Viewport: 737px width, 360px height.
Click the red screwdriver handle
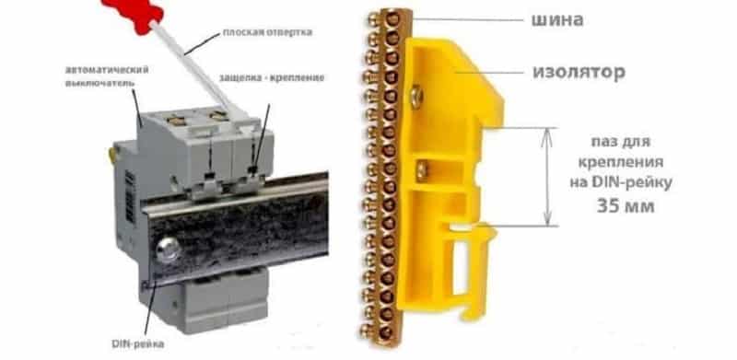click(x=133, y=13)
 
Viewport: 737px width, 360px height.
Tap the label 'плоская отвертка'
click(x=267, y=32)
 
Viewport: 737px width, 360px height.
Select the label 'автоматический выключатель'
click(x=107, y=76)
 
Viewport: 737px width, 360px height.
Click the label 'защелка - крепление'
click(x=272, y=77)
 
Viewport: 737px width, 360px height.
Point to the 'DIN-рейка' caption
click(x=137, y=344)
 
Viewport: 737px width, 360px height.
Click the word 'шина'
click(x=557, y=19)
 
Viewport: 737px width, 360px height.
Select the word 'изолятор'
click(x=579, y=73)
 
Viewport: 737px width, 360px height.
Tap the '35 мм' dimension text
click(x=625, y=206)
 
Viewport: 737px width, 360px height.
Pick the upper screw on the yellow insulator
click(x=415, y=96)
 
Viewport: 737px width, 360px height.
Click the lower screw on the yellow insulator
click(x=422, y=169)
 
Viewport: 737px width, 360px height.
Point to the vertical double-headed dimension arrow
click(x=547, y=177)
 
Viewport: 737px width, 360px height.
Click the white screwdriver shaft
click(x=196, y=68)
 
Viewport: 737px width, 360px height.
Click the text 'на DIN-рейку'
click(x=620, y=182)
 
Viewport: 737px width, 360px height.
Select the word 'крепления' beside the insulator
click(x=620, y=162)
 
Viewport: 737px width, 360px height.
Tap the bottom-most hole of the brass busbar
click(x=385, y=332)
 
